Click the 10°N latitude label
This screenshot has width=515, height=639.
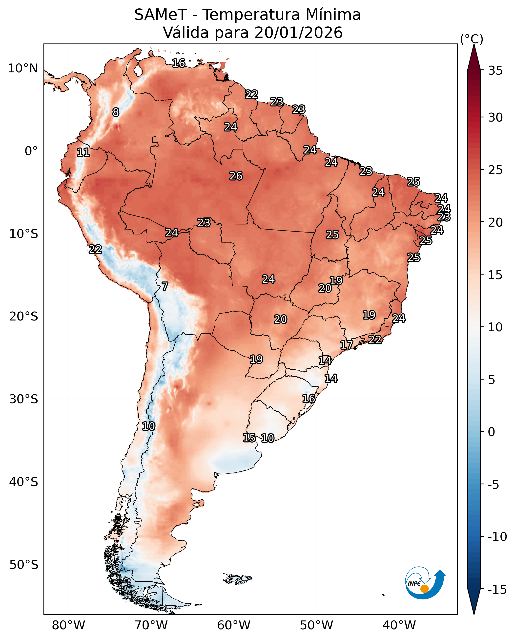pos(23,68)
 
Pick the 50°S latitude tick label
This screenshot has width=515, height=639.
pos(24,565)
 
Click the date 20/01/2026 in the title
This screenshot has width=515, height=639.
pos(298,33)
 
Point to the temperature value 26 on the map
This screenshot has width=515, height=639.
pos(236,176)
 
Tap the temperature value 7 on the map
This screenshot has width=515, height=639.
pos(165,286)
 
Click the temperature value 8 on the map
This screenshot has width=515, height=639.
pos(116,112)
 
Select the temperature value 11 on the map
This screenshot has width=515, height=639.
pos(83,152)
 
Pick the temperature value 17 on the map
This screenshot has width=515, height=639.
pos(347,345)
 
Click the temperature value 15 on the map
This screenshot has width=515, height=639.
pos(249,438)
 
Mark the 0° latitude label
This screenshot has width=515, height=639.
pos(31,151)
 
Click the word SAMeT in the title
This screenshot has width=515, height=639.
pos(161,15)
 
